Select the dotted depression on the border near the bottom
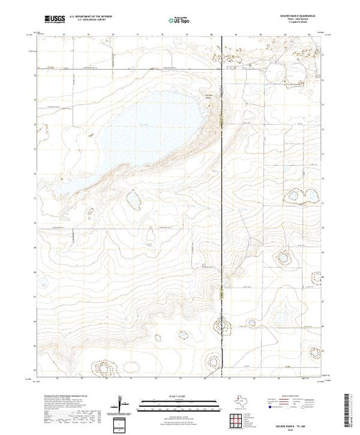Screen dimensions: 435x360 (x=222, y=325)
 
